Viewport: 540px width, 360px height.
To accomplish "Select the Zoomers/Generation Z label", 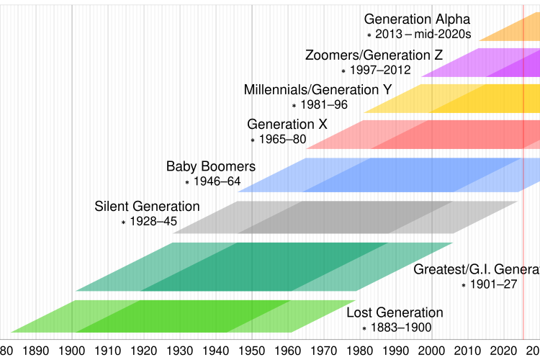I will (374, 55).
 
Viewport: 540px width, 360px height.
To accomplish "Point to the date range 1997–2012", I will (380, 70).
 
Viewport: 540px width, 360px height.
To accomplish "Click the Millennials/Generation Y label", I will (318, 90).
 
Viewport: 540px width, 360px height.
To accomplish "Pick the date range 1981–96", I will (324, 105).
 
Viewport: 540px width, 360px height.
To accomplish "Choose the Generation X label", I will (287, 125).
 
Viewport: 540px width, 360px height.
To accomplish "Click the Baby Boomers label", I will (211, 167).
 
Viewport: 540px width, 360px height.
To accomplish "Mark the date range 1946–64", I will (217, 181).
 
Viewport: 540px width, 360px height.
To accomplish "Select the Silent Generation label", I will (147, 207).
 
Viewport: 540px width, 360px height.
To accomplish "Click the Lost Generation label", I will (395, 312).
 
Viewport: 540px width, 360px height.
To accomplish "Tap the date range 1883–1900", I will (400, 328).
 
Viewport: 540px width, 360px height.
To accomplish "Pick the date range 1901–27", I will (493, 285).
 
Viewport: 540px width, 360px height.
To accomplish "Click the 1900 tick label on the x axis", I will (72, 351).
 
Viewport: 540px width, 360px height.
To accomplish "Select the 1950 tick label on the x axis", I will (252, 351).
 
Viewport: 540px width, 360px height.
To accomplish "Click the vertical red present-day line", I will (523, 216).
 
